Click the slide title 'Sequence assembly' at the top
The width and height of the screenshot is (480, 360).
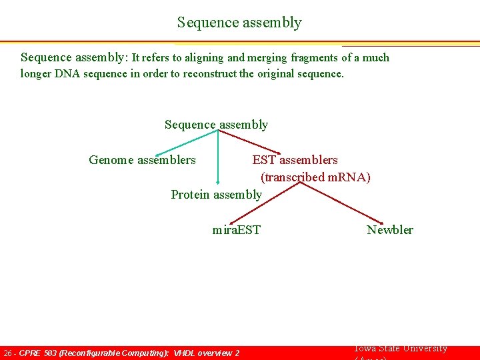point(239,23)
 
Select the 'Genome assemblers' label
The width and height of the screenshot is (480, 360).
point(142,160)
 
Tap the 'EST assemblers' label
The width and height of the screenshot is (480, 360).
point(295,160)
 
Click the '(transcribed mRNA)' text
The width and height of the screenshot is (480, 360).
point(315,177)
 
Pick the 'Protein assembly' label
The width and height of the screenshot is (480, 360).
point(216,195)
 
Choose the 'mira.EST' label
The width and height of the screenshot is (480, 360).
point(236,230)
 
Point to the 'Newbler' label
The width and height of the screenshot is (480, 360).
point(389,230)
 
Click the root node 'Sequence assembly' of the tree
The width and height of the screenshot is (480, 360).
point(216,125)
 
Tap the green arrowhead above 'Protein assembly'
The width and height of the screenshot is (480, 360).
point(217,181)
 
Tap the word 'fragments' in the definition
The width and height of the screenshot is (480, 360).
point(312,58)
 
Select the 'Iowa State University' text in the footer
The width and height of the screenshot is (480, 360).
point(400,349)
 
